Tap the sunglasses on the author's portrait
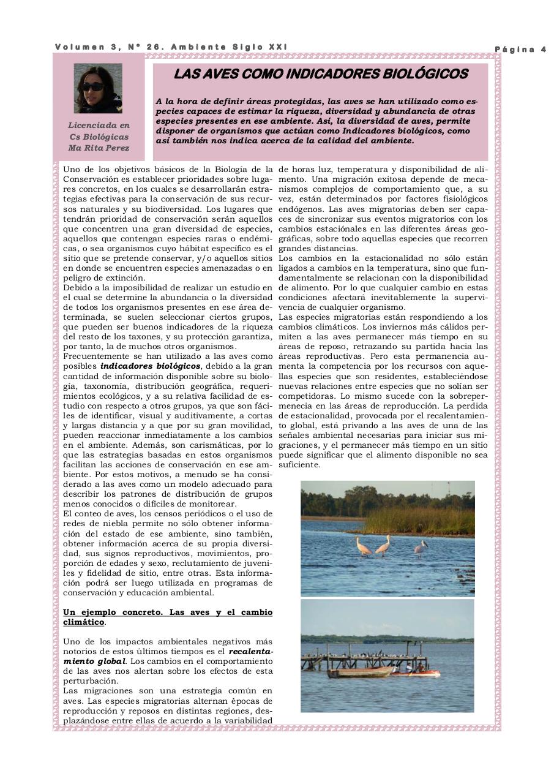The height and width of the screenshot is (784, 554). click(x=93, y=87)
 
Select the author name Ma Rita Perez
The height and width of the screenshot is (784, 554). click(x=99, y=148)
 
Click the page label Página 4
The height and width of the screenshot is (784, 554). click(x=520, y=50)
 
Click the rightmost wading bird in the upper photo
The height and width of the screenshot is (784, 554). click(x=421, y=547)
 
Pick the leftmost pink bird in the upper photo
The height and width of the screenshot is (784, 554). click(x=364, y=546)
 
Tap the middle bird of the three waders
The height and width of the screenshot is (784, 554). click(x=383, y=545)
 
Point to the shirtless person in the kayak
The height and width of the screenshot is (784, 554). click(x=421, y=668)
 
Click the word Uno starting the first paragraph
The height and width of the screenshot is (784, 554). click(x=72, y=169)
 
